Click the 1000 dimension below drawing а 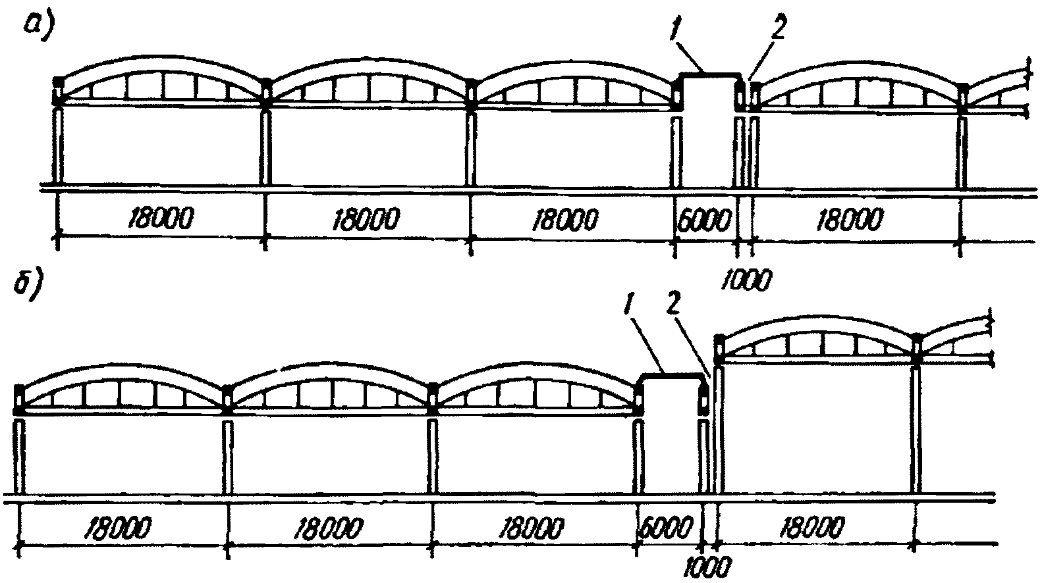746,280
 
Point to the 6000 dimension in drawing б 667,526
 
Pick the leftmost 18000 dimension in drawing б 119,526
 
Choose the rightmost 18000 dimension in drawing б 811,526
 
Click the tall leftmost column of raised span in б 719,428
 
